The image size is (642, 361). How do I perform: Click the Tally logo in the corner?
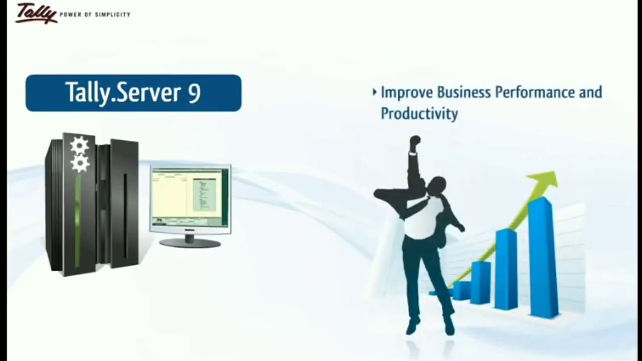(36, 13)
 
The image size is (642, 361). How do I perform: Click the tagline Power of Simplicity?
(95, 15)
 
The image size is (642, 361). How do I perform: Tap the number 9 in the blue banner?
(195, 93)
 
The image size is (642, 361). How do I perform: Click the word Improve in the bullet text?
(407, 93)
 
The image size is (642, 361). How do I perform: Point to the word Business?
(464, 92)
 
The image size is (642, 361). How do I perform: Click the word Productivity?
(419, 113)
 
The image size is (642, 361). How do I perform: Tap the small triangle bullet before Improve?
(375, 92)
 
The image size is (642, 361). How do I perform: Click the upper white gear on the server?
(79, 145)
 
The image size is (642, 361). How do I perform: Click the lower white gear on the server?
(80, 163)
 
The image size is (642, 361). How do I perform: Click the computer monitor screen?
(190, 198)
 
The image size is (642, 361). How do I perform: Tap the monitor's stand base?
(190, 243)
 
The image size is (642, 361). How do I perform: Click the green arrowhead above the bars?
(546, 179)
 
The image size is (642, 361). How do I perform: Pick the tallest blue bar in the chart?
(543, 258)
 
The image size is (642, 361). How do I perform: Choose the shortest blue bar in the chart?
(461, 290)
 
